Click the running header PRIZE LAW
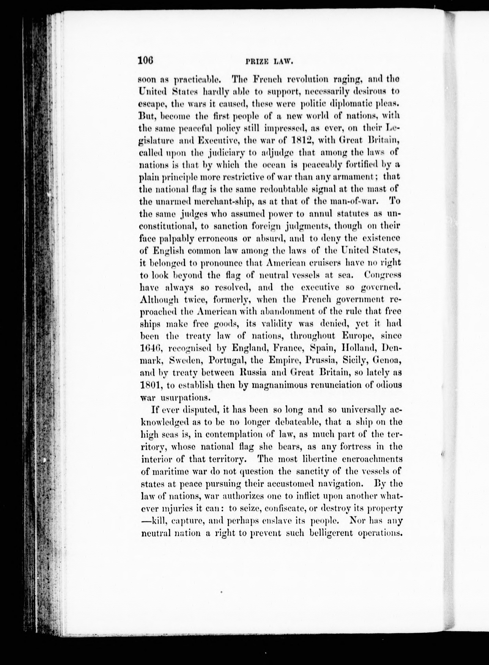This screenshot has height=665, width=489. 269,62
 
